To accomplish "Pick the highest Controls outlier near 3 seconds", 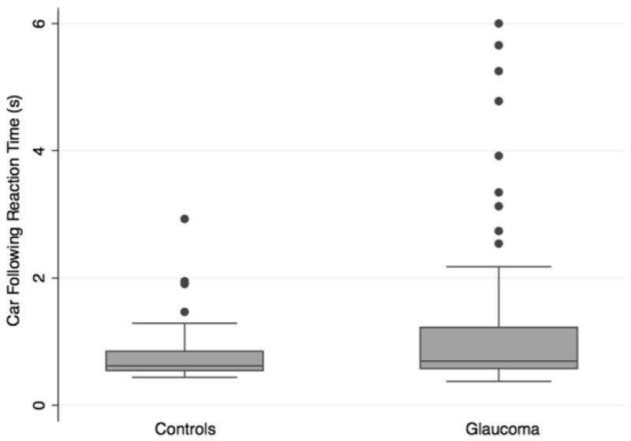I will pos(185,219).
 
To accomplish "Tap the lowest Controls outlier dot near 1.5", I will pos(185,312).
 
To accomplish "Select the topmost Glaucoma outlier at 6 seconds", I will pos(498,24).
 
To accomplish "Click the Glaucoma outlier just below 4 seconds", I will pos(498,156).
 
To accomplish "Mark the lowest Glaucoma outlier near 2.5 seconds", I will pos(498,243).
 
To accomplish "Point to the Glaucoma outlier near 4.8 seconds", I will pos(498,101).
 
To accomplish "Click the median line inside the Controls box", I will pos(185,365).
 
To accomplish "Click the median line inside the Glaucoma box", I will pos(498,361).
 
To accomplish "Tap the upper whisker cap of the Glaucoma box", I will pos(498,266).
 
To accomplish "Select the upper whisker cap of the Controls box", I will pos(185,323).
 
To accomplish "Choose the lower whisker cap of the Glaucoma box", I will pos(498,381).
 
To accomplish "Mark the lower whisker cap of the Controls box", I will pos(185,377).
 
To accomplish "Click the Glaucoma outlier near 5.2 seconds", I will pos(498,71).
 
